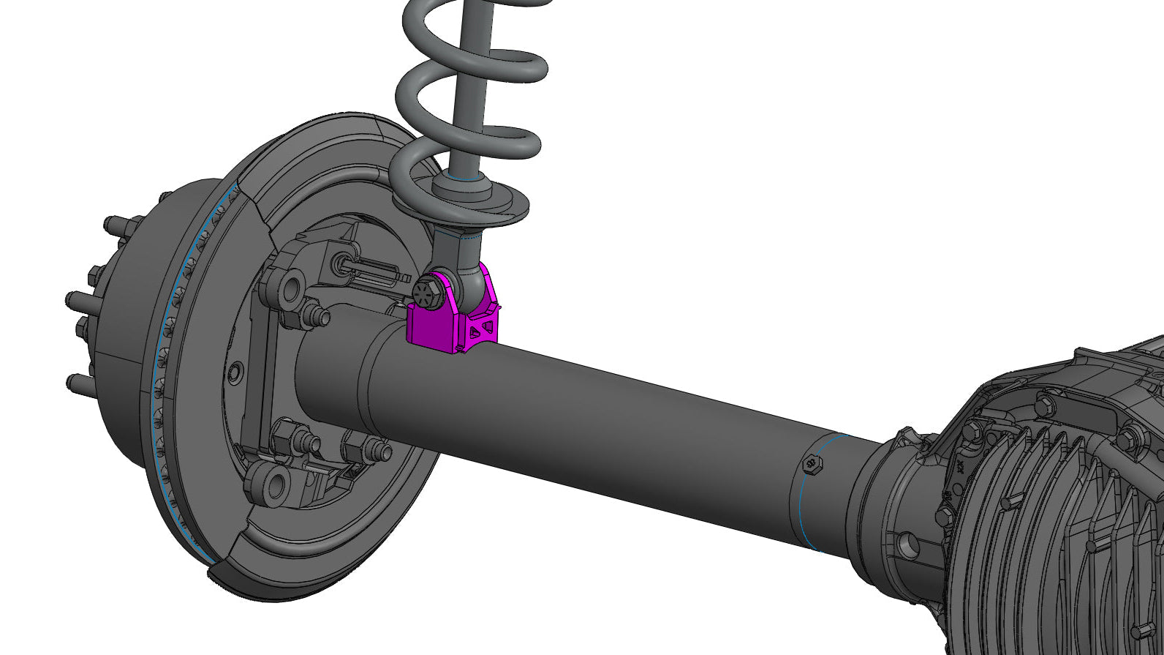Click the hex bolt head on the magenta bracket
tap(426, 291)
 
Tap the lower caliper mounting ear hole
tap(276, 483)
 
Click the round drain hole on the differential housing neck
tap(907, 542)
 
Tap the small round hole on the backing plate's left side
tap(235, 373)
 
